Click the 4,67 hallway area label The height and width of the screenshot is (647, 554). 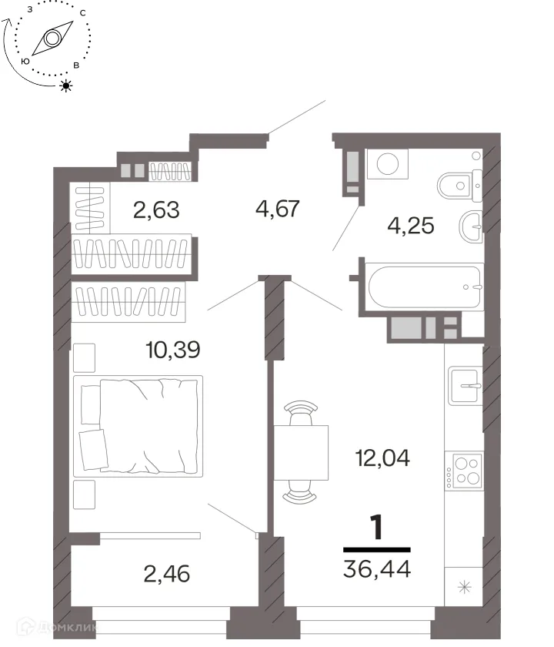278,209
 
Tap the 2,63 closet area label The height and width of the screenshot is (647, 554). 156,210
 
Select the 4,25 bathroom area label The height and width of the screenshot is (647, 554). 411,226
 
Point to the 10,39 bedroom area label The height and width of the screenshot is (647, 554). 173,350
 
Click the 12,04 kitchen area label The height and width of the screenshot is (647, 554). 382,458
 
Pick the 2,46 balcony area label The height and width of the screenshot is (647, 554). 166,574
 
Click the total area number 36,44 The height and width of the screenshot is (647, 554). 377,569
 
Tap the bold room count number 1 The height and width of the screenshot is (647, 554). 376,527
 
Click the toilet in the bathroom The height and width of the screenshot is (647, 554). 459,186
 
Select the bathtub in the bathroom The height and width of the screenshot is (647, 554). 425,287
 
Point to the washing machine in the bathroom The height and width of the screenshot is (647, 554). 388,164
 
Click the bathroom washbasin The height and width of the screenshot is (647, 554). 470,226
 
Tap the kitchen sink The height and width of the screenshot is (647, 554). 466,386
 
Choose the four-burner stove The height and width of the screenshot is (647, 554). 464,471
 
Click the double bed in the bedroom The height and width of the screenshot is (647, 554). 138,426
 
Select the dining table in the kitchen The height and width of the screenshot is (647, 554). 301,453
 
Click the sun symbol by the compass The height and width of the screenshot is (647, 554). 66,85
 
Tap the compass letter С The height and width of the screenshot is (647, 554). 83,13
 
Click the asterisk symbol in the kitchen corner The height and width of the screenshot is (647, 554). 465,587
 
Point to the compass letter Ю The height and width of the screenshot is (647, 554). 25,62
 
